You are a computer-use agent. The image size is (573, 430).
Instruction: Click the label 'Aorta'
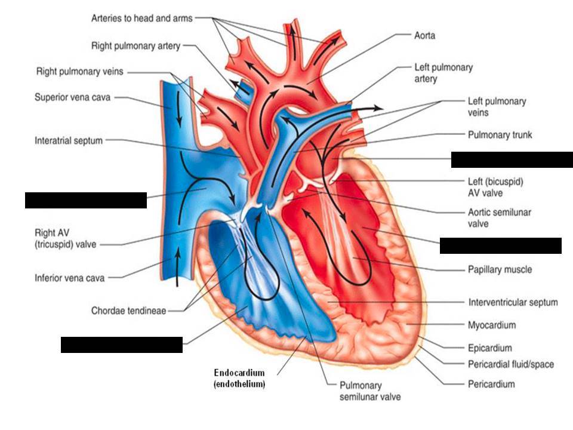pyautogui.click(x=424, y=35)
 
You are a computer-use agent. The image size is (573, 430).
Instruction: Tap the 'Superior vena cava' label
pyautogui.click(x=72, y=96)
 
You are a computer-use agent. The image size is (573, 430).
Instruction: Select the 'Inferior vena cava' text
pyautogui.click(x=69, y=278)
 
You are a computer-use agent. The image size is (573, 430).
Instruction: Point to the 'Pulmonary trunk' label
pyautogui.click(x=500, y=135)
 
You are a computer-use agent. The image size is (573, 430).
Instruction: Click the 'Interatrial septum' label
pyautogui.click(x=69, y=141)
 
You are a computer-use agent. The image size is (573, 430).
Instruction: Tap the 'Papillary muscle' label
pyautogui.click(x=500, y=269)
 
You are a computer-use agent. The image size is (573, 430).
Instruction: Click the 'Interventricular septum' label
pyautogui.click(x=513, y=302)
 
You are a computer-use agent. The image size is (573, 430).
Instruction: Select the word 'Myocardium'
pyautogui.click(x=492, y=325)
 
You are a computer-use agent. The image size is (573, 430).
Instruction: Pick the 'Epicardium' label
pyautogui.click(x=489, y=348)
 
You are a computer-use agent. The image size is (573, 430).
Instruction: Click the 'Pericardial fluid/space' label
pyautogui.click(x=511, y=364)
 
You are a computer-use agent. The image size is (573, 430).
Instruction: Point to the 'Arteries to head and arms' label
pyautogui.click(x=141, y=18)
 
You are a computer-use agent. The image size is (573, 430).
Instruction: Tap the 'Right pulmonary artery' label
pyautogui.click(x=135, y=45)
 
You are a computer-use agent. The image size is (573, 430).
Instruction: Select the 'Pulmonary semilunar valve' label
pyautogui.click(x=369, y=391)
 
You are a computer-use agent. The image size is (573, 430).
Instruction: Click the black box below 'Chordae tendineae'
pyautogui.click(x=121, y=345)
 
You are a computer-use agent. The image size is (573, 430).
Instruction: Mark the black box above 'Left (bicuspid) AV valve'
pyautogui.click(x=512, y=159)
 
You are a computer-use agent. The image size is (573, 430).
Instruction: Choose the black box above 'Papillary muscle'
pyautogui.click(x=500, y=245)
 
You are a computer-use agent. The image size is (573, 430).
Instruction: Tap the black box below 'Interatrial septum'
pyautogui.click(x=85, y=200)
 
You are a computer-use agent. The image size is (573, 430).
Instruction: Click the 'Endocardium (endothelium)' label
pyautogui.click(x=239, y=379)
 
